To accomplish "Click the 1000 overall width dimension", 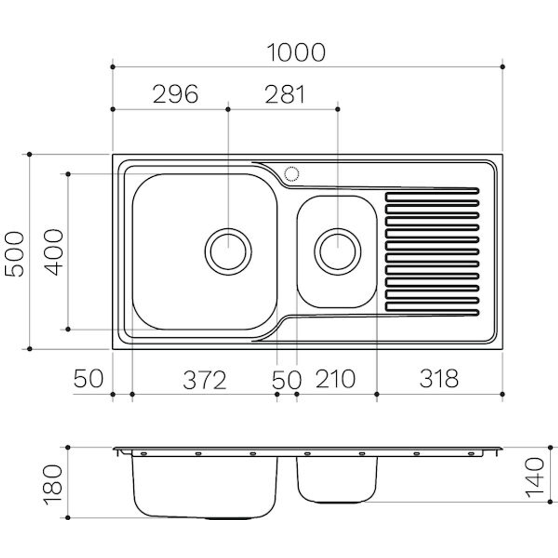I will pyautogui.click(x=296, y=52).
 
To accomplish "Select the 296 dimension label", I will pyautogui.click(x=176, y=95).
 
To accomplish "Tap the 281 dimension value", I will pyautogui.click(x=285, y=95).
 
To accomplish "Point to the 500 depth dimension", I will pyautogui.click(x=16, y=254).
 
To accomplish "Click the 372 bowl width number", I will pyautogui.click(x=205, y=380).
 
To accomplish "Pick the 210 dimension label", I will pyautogui.click(x=335, y=379).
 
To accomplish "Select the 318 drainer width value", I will pyautogui.click(x=439, y=379).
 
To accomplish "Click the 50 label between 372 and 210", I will pyautogui.click(x=286, y=380).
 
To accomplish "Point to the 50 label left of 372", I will pyautogui.click(x=88, y=379).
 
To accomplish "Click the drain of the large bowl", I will pyautogui.click(x=228, y=251).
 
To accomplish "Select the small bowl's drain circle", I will pyautogui.click(x=337, y=251).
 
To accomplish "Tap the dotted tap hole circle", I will pyautogui.click(x=291, y=174).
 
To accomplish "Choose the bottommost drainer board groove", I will pyautogui.click(x=432, y=307).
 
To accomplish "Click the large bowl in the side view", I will pyautogui.click(x=205, y=486).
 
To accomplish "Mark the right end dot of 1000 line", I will pyautogui.click(x=503, y=67).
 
